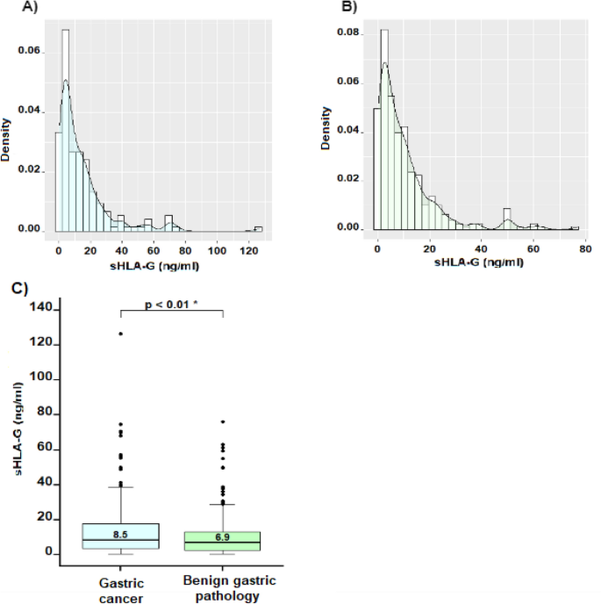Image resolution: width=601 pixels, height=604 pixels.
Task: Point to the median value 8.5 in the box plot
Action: pyautogui.click(x=120, y=534)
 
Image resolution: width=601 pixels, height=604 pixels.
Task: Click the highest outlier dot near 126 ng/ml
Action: pyautogui.click(x=120, y=334)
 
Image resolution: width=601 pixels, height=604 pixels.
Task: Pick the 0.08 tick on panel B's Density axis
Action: pyautogui.click(x=348, y=32)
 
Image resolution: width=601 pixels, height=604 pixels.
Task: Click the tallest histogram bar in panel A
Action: pyautogui.click(x=65, y=132)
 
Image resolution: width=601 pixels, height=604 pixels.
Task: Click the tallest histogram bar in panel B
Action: pyautogui.click(x=384, y=132)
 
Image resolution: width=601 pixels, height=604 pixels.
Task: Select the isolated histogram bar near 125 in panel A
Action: pyautogui.click(x=258, y=229)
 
